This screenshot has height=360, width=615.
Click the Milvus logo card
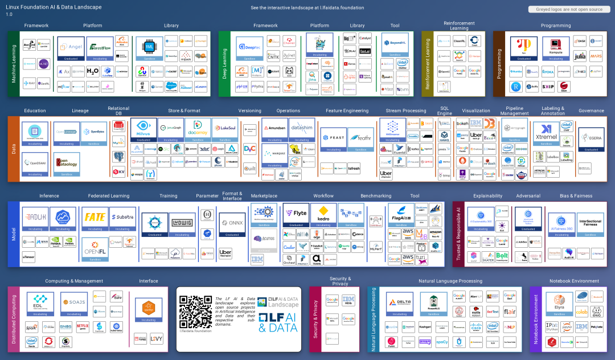pyautogui.click(x=143, y=129)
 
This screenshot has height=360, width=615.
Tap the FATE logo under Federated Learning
pyautogui.click(x=95, y=219)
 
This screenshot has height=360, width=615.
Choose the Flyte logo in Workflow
pyautogui.click(x=296, y=215)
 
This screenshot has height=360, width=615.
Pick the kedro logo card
pyautogui.click(x=323, y=215)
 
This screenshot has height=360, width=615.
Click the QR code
pyautogui.click(x=195, y=312)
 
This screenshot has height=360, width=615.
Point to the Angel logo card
pyautogui.click(x=71, y=49)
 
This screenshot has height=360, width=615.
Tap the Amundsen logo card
pyautogui.click(x=274, y=129)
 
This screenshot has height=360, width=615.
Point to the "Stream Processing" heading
pyautogui.click(x=405, y=111)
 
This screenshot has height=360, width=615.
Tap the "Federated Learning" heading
pyautogui.click(x=108, y=197)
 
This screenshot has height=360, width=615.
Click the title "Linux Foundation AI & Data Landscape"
pyautogui.click(x=54, y=7)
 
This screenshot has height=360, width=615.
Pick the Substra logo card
pyautogui.click(x=122, y=219)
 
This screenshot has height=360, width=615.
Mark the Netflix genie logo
pyautogui.click(x=83, y=327)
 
